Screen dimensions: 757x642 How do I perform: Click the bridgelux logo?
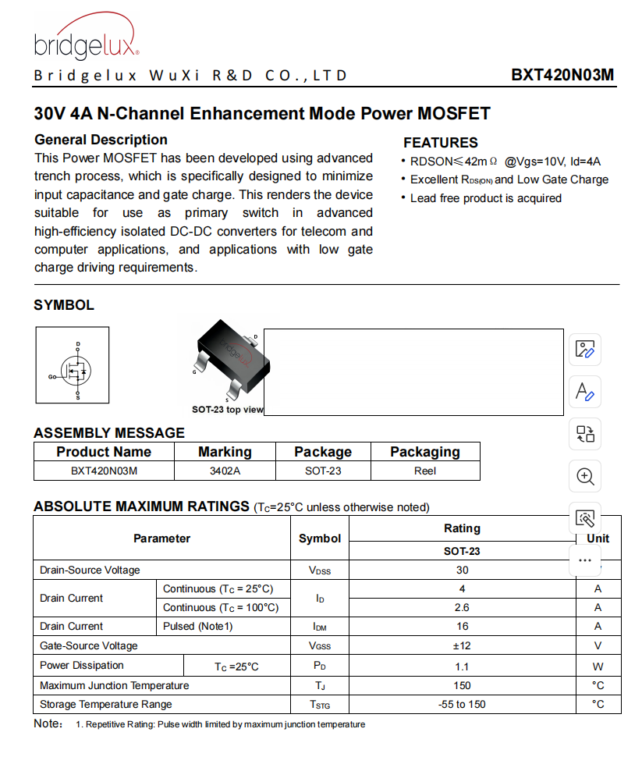tap(86, 39)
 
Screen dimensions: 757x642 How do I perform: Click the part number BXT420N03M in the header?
tap(562, 76)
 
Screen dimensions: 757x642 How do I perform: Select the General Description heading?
tap(101, 140)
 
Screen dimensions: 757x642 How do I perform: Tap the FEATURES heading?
tap(440, 143)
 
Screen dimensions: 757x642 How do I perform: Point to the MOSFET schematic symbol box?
tap(73, 364)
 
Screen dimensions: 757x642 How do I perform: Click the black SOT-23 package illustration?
tap(231, 355)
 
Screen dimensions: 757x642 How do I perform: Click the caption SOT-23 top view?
tap(227, 410)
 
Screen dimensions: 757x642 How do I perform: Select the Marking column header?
tap(225, 452)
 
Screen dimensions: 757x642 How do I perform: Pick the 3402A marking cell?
tap(225, 471)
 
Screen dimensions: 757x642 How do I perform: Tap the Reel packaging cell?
tap(424, 471)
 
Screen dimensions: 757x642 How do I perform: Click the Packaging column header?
tap(424, 452)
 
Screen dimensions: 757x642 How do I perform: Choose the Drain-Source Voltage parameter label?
tap(90, 570)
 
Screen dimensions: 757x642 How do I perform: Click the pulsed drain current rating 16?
tap(462, 627)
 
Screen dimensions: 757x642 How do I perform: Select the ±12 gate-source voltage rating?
tap(462, 646)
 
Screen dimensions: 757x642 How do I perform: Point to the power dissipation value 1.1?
tap(462, 666)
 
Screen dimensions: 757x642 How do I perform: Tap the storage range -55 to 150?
tap(462, 705)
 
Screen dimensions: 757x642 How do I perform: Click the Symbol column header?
tap(320, 538)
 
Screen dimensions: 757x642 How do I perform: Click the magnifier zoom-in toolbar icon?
tap(585, 475)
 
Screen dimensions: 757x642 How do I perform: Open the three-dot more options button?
tap(585, 560)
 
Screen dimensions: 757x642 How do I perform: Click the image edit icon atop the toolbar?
tap(585, 349)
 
